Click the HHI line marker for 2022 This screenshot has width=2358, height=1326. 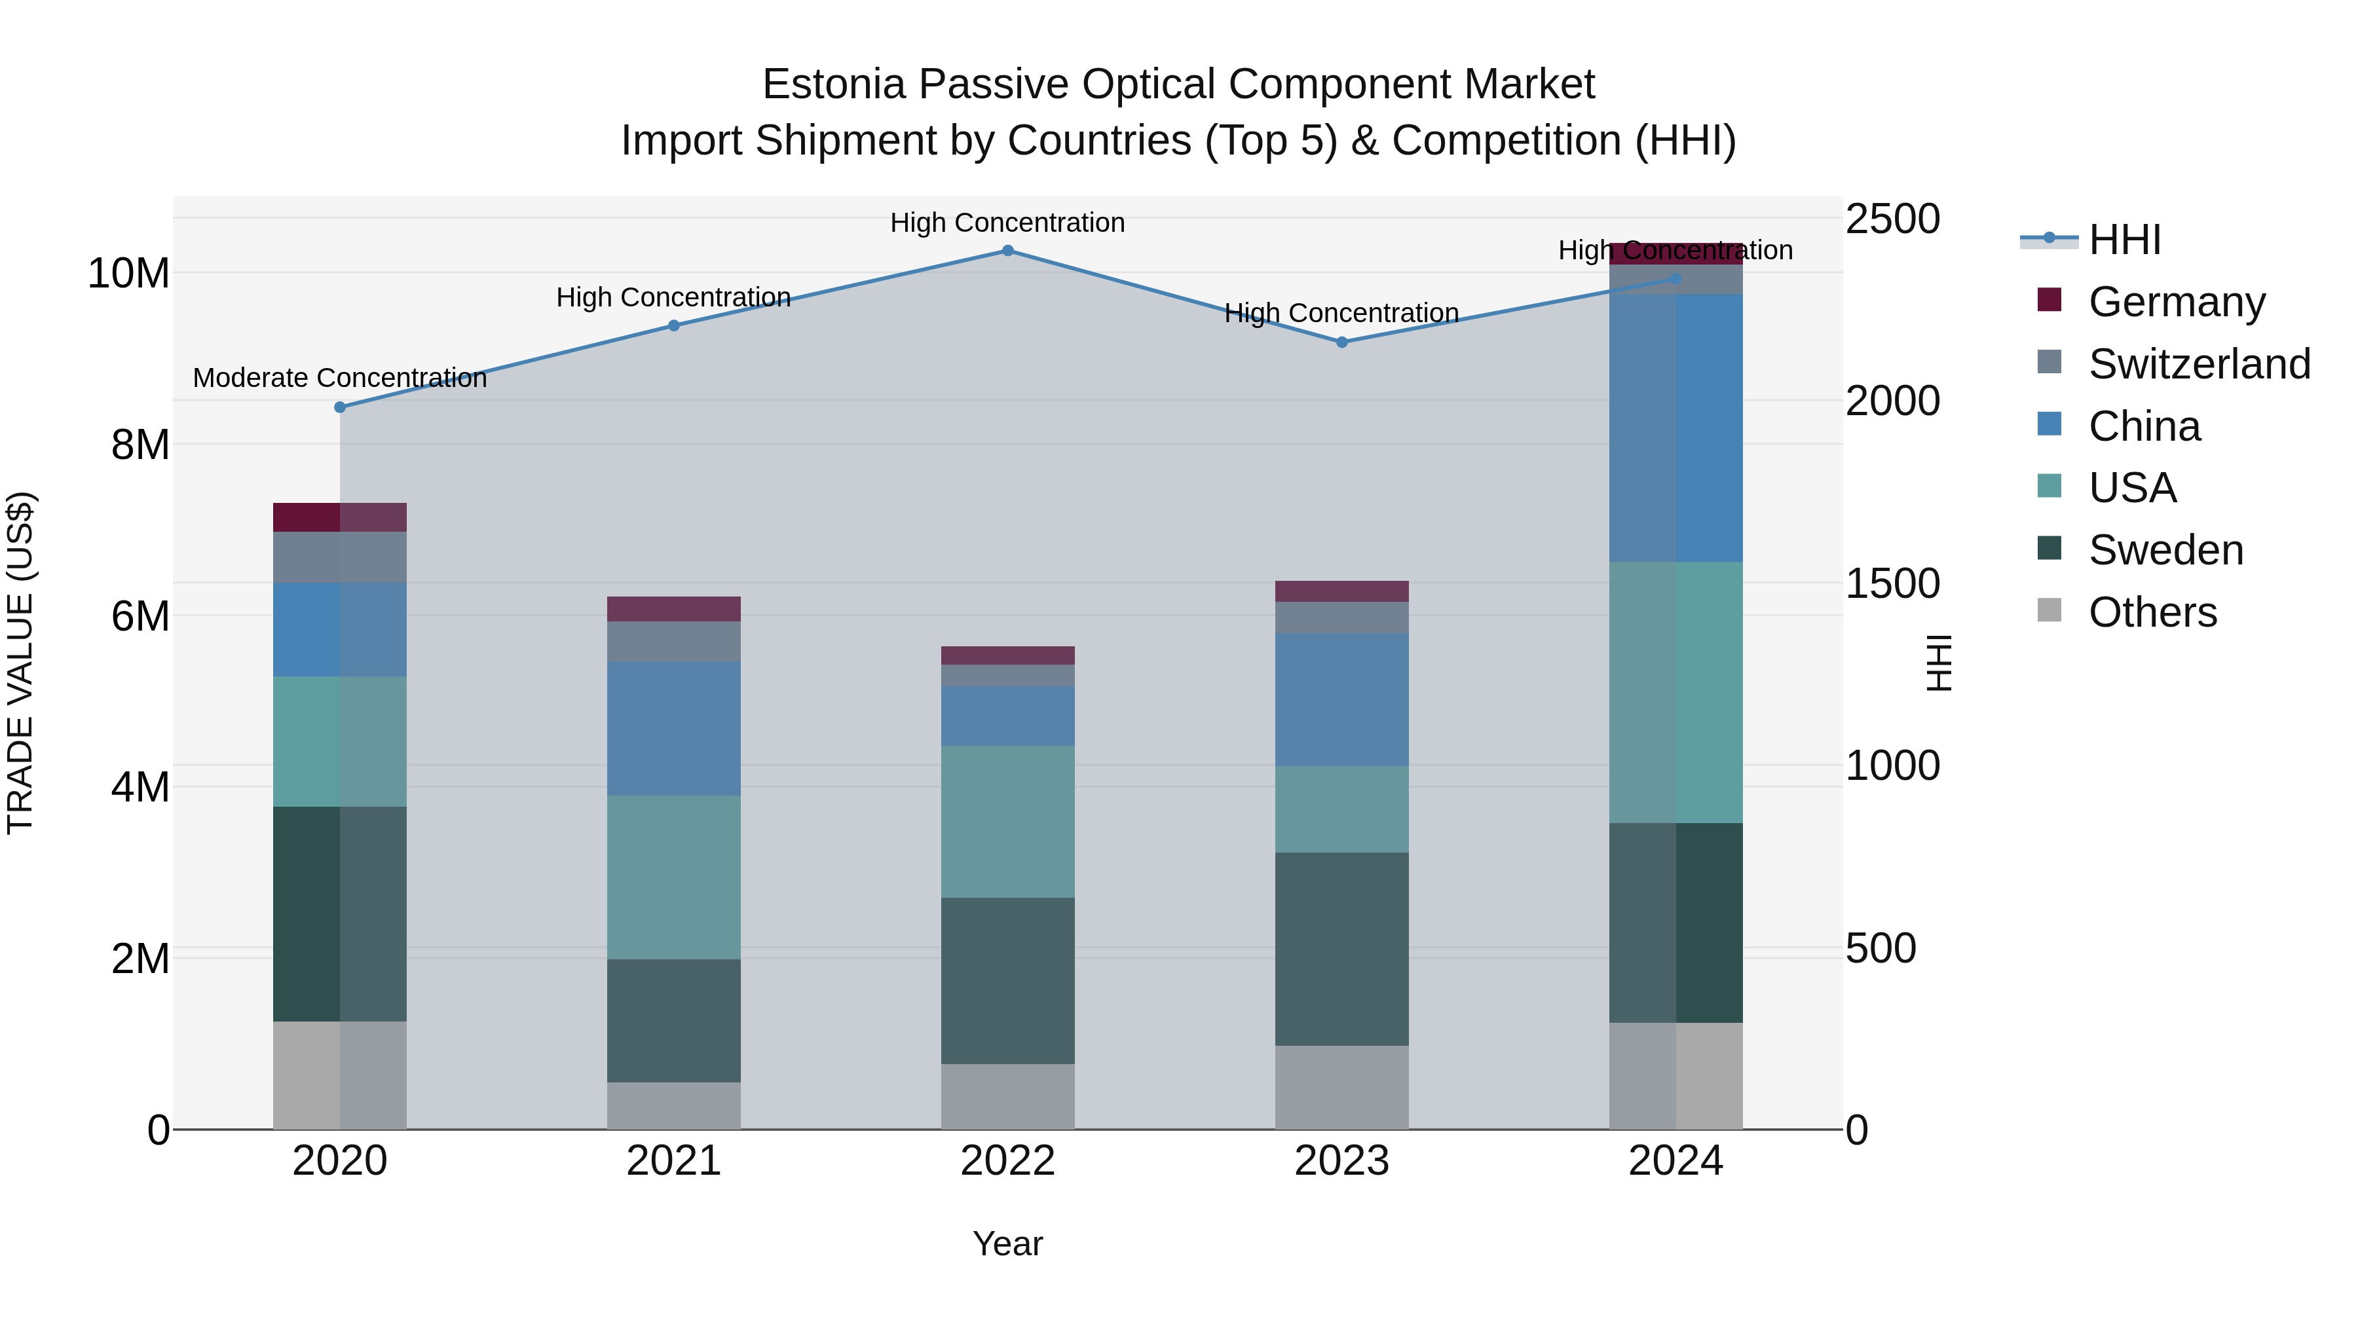pos(1008,251)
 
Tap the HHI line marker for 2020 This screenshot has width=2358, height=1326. pos(339,407)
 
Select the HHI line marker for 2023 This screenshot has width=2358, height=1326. pos(1342,342)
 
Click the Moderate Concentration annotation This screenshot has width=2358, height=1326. pos(339,378)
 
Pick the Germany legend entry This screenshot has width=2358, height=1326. pos(2176,302)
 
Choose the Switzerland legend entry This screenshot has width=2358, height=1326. pos(2198,364)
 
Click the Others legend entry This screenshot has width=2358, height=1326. pos(2151,612)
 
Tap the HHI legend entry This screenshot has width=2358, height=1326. pos(2124,240)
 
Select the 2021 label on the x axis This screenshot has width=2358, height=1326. pos(674,1161)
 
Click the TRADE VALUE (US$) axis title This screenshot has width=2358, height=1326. pos(20,663)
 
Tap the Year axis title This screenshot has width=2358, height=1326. pos(1008,1243)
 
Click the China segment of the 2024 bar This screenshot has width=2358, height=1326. pos(1676,428)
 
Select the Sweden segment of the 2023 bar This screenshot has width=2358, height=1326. pos(1342,949)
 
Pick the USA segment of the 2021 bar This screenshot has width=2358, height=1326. pos(674,877)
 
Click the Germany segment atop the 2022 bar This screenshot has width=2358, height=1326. pos(1008,655)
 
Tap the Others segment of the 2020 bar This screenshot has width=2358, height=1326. pos(339,1075)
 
